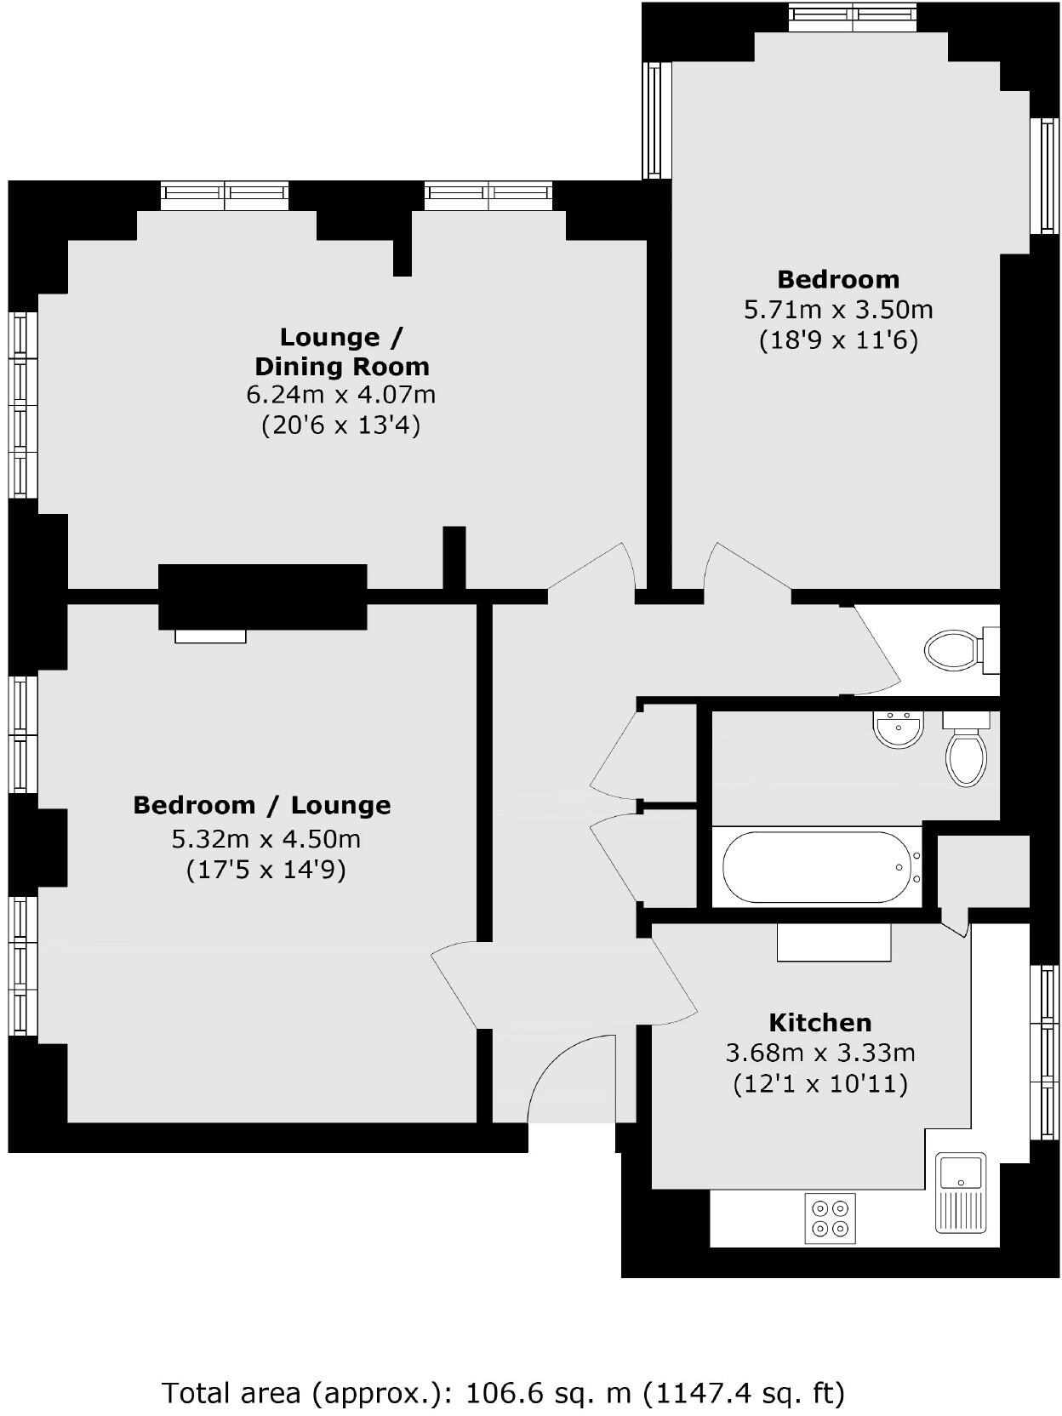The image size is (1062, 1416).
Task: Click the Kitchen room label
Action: [819, 1022]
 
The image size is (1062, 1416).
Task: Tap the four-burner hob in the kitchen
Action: [831, 1218]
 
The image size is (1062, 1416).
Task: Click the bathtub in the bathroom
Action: [816, 867]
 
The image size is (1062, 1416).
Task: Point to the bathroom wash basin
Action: [898, 730]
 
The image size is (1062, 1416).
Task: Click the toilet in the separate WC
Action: [957, 651]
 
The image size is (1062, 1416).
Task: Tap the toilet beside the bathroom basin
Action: [966, 752]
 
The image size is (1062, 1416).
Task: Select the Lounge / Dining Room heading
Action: [341, 351]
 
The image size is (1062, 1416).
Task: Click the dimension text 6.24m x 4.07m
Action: [340, 395]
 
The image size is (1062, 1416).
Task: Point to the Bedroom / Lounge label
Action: [261, 805]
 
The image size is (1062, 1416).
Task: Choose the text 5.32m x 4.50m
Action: [265, 839]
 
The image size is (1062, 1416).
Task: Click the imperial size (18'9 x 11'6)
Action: [838, 340]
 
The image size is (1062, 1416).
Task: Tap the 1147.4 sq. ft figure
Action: [745, 1393]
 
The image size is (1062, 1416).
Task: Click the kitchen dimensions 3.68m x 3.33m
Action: [819, 1053]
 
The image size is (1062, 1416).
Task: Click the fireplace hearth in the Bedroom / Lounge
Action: [210, 636]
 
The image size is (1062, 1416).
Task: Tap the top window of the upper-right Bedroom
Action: [852, 14]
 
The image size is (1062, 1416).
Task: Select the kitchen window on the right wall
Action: [1044, 1052]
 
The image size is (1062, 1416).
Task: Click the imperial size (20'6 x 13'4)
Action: [340, 425]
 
